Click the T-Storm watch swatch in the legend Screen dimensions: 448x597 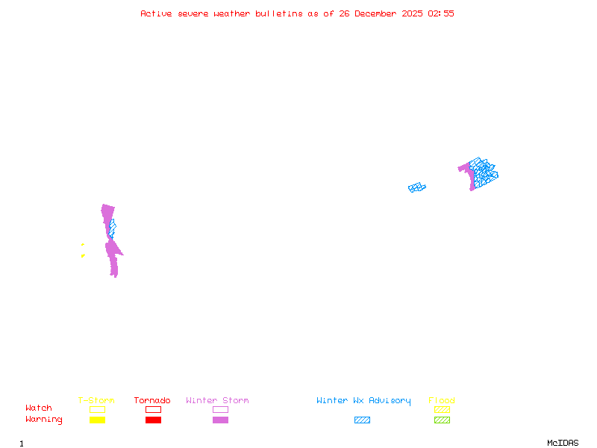click(97, 409)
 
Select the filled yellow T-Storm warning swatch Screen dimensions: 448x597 click(97, 420)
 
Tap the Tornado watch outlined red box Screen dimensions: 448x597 click(153, 409)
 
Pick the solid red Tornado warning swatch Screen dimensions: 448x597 click(153, 420)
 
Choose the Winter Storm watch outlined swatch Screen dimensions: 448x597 click(220, 409)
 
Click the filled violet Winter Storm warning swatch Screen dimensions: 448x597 click(220, 420)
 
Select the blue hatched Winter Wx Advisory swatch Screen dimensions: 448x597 click(362, 420)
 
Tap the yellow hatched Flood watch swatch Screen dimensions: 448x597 click(442, 409)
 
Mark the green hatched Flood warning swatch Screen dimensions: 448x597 click(442, 420)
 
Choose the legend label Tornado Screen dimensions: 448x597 click(152, 401)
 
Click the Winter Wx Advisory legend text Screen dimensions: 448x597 click(363, 401)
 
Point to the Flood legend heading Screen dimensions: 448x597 click(442, 401)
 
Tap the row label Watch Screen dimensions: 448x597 click(39, 408)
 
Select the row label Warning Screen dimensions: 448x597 click(44, 420)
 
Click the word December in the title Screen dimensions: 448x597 click(378, 13)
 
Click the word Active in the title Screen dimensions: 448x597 click(156, 13)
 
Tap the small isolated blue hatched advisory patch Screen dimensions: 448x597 click(416, 187)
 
